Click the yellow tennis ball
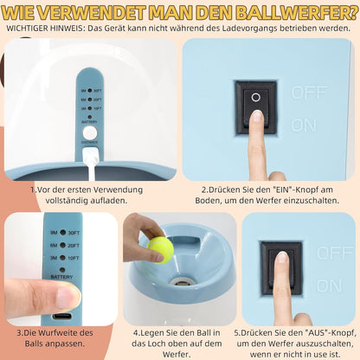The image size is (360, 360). [160, 249]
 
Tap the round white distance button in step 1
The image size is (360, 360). [90, 133]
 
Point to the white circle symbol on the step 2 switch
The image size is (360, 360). [256, 98]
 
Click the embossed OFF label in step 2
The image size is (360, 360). [309, 93]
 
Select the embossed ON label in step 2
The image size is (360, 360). [304, 125]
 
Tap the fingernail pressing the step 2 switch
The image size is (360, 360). [256, 118]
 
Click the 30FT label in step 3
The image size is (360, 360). [74, 233]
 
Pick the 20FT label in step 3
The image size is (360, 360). [74, 246]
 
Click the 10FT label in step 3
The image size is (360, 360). [74, 258]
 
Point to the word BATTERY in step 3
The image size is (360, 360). [61, 277]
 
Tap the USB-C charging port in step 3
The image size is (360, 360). [62, 316]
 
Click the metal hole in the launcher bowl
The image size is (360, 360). [180, 281]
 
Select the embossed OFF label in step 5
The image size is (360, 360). [335, 253]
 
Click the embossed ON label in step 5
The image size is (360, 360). [330, 286]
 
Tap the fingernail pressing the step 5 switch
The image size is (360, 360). [282, 257]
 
